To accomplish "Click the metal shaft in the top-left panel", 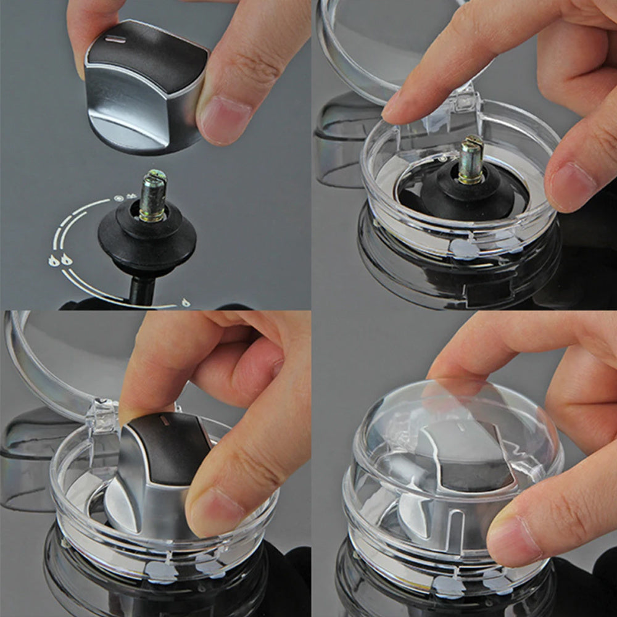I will tap(152, 196).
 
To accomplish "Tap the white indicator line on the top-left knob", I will tap(115, 40).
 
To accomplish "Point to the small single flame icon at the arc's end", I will tap(185, 302).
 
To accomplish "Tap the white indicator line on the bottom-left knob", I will tap(165, 420).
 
